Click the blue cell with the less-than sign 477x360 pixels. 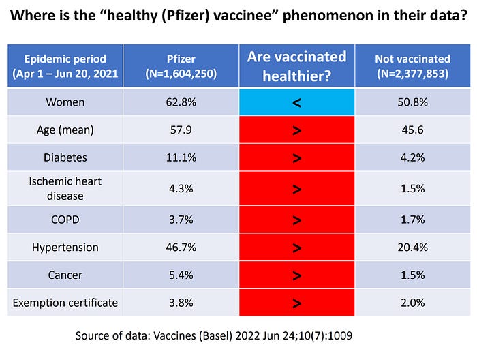296,102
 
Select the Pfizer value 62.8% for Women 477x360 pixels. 181,102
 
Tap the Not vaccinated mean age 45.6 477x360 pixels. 412,130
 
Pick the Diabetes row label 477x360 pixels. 65,157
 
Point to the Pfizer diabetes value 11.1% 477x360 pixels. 181,157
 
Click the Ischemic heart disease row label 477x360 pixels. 65,189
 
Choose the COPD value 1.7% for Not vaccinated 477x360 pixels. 412,220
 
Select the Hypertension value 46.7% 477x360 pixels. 181,247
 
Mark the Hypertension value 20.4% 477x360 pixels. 412,247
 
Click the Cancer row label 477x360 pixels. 65,275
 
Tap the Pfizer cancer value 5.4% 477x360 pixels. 181,275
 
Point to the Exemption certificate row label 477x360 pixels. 65,303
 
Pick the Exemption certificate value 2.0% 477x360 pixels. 412,303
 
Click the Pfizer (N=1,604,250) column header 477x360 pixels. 181,66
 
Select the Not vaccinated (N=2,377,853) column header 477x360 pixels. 412,66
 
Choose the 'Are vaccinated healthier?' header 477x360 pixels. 296,66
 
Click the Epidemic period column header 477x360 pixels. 65,66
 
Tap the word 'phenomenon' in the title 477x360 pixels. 328,16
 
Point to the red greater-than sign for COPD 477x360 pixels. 296,220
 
